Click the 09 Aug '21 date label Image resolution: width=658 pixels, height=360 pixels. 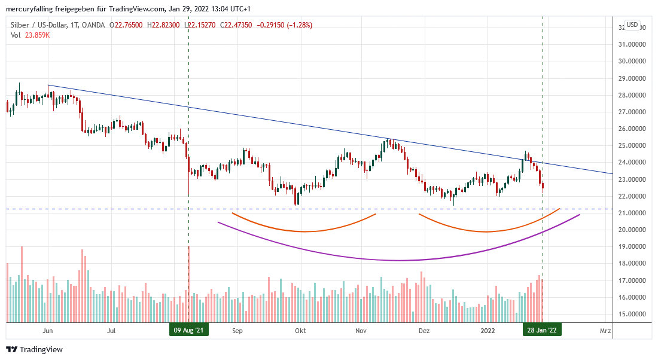point(188,330)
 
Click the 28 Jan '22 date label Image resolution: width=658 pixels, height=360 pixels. point(542,330)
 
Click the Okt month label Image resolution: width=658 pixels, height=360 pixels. point(300,330)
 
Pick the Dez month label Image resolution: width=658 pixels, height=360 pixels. point(424,330)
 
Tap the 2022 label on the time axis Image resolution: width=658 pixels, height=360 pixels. point(488,330)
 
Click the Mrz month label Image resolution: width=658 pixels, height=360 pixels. point(605,330)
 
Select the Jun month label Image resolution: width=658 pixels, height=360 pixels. point(48,330)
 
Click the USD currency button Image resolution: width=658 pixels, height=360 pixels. point(632,25)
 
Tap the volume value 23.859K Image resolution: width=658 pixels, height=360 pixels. point(37,35)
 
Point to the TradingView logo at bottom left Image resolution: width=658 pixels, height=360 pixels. point(34,349)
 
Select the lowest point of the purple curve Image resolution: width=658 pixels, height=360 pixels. point(398,261)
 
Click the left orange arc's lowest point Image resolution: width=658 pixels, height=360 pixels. point(304,231)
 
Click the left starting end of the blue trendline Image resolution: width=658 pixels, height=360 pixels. point(48,86)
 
